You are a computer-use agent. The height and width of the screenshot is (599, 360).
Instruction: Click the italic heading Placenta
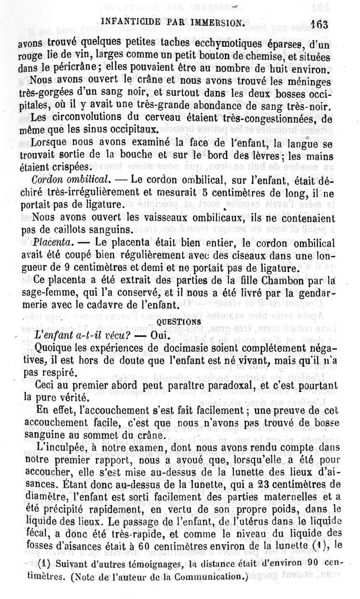50,242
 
